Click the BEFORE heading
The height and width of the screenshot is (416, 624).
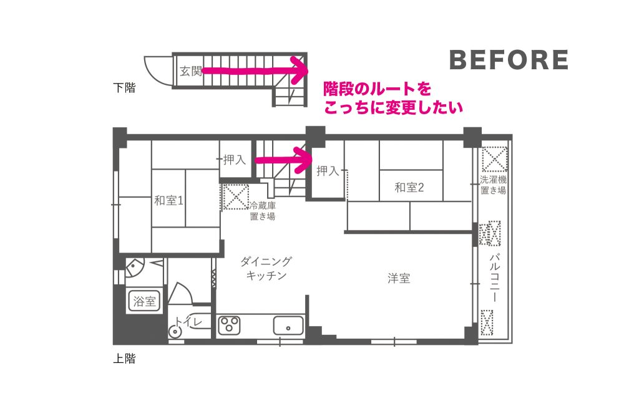[x=509, y=60]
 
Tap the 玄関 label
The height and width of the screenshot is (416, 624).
[x=191, y=71]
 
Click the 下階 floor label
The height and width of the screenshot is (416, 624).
[x=124, y=87]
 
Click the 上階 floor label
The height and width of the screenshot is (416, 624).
[x=124, y=359]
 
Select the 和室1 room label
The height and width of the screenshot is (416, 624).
[x=168, y=200]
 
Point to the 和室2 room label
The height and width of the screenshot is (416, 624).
[x=409, y=187]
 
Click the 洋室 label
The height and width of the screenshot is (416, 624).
[x=399, y=278]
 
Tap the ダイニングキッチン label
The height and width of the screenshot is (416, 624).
[x=266, y=268]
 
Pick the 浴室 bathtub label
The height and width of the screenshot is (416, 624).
[x=144, y=301]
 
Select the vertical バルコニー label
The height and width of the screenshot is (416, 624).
[x=494, y=277]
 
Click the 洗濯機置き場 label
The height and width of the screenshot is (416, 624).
[x=493, y=185]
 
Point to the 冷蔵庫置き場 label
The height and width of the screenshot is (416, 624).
[x=263, y=211]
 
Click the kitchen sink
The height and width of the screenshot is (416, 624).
[x=288, y=326]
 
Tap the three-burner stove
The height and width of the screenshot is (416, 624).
[x=230, y=325]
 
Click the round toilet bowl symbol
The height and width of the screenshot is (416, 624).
[x=174, y=331]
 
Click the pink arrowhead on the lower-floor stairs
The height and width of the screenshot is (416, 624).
[x=300, y=70]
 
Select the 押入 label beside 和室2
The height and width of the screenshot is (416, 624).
[x=328, y=171]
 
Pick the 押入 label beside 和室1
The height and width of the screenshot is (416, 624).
[x=235, y=160]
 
